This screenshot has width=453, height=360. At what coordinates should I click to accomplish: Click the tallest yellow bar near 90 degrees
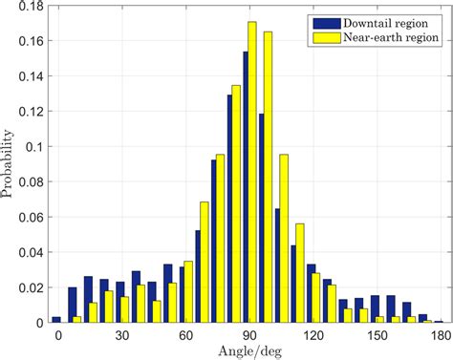point(252,172)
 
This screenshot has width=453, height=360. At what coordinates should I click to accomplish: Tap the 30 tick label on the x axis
point(121,334)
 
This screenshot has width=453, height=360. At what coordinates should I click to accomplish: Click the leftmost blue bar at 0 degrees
point(55,320)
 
